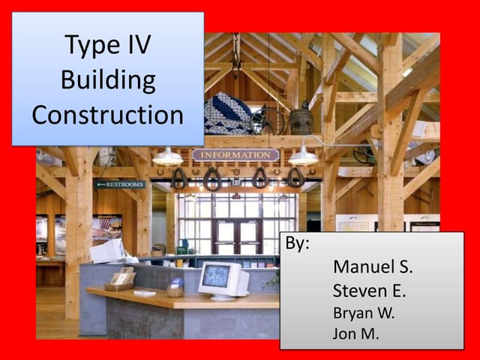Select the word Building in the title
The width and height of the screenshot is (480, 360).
108,79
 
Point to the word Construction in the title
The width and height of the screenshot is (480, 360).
108,114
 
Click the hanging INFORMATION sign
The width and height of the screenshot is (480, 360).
235,155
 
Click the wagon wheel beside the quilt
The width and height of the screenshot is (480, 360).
267,120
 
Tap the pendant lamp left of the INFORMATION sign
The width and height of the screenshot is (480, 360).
167,157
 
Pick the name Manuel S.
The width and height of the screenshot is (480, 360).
373,267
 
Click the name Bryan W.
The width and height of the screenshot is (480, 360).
363,313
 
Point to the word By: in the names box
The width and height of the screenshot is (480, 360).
298,245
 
